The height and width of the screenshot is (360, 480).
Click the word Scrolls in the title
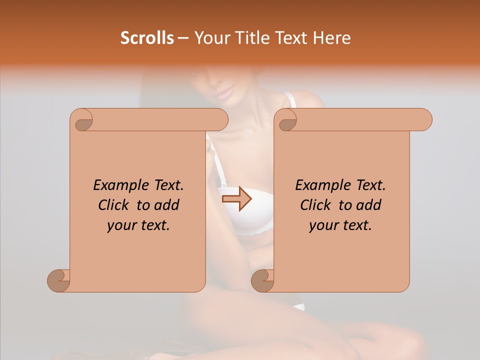pos(147,38)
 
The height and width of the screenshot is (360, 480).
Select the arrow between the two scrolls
pos(237,199)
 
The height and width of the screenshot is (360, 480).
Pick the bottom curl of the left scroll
pos(58,281)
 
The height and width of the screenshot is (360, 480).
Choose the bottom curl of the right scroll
pos(262,281)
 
